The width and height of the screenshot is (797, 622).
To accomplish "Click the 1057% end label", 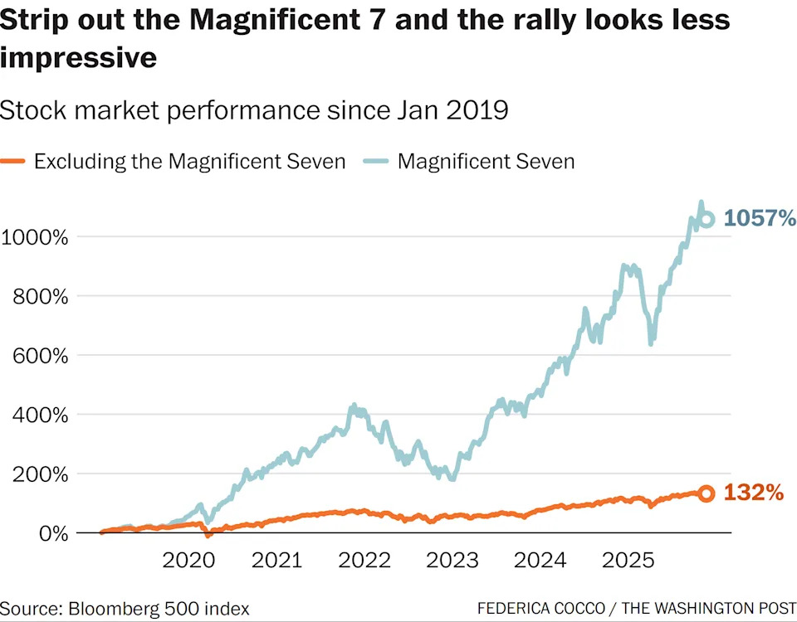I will click(x=760, y=219).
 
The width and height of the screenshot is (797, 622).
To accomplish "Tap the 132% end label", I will click(x=754, y=493).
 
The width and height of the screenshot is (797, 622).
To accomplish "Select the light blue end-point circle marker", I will click(x=707, y=220).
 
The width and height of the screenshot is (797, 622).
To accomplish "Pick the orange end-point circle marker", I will click(x=707, y=493).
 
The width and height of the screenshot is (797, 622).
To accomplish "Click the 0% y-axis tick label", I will click(x=48, y=533).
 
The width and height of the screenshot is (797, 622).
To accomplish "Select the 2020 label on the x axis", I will click(x=189, y=561).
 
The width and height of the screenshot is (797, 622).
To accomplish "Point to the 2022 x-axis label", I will click(x=365, y=561).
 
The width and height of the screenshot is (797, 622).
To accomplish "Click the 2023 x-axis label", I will click(x=453, y=561).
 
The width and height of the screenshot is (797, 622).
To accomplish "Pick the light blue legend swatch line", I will click(x=377, y=161).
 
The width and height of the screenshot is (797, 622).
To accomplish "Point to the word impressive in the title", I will click(x=77, y=58).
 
